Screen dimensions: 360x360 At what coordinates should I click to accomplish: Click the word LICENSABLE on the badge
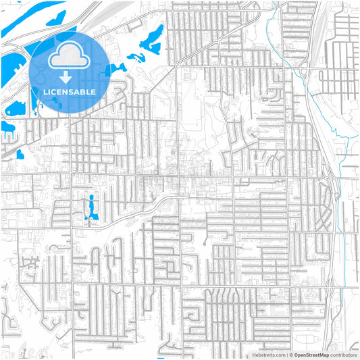point(70,92)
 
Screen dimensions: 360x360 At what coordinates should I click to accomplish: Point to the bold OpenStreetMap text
point(315,355)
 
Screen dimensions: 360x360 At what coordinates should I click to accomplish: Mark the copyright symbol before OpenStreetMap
point(291,355)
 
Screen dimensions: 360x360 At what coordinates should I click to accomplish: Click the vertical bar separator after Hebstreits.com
point(287,355)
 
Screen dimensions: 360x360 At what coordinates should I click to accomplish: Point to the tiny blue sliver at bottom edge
point(161,358)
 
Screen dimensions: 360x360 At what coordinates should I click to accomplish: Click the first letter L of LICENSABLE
point(45,92)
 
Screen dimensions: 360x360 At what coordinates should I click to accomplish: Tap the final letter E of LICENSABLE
point(94,92)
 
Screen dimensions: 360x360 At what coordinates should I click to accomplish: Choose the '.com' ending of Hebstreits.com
point(280,355)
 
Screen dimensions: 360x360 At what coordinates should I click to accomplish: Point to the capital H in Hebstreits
point(254,355)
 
